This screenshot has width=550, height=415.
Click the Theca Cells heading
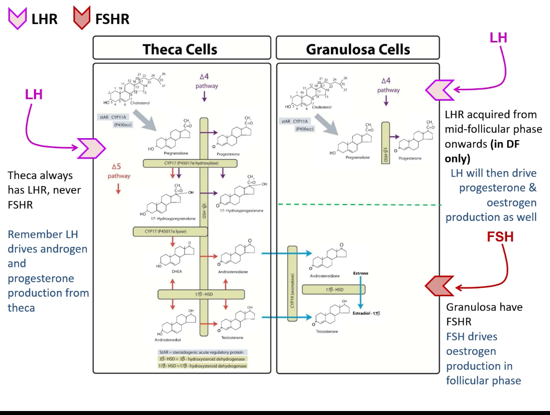tap(180, 49)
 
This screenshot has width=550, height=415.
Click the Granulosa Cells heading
tap(357, 49)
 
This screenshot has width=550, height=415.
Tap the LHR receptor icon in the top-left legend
tap(17, 18)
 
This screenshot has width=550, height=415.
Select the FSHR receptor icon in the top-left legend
tap(81, 18)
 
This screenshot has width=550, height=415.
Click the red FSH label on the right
tap(500, 236)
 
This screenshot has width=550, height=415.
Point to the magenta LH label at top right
tap(498, 38)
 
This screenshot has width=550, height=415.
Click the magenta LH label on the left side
tap(34, 94)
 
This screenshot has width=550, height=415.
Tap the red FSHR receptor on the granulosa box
tap(439, 286)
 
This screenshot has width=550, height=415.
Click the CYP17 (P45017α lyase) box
tap(170, 231)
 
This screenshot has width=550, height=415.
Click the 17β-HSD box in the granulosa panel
tap(333, 289)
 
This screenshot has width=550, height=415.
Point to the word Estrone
tap(360, 274)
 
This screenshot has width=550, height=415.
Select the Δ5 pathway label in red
tap(118, 171)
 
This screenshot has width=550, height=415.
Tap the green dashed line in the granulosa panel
tap(359, 205)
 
